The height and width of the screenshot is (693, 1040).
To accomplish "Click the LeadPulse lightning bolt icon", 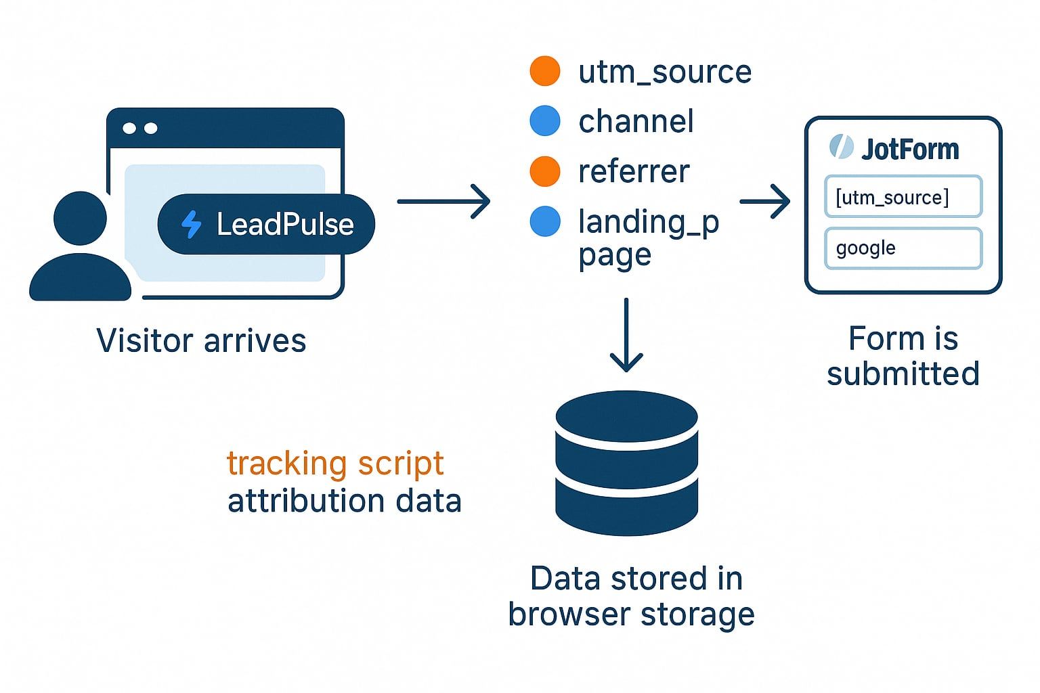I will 192,225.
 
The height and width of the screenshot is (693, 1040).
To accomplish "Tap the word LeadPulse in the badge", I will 284,225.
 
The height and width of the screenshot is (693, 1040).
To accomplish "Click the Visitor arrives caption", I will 201,340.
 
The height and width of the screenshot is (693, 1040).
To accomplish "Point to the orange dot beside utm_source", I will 544,71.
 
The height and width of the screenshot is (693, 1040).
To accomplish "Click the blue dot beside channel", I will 544,121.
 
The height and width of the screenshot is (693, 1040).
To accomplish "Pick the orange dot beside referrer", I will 544,171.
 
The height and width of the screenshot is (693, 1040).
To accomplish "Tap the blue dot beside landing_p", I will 544,221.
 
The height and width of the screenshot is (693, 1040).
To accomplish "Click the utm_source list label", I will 664,72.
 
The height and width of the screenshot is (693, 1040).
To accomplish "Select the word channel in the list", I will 636,122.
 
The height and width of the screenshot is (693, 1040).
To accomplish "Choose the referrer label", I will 634,172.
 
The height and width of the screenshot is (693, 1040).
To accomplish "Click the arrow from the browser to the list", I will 443,201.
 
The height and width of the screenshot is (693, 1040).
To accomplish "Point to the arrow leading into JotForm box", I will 765,201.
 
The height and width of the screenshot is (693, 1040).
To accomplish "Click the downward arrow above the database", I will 626,335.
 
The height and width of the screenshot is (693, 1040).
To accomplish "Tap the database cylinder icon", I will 626,464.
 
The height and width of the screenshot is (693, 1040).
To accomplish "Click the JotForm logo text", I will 909,149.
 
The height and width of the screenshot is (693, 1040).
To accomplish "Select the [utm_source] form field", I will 903,197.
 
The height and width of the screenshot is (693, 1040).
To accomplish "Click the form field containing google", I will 903,248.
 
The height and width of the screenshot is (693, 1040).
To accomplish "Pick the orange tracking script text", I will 335,464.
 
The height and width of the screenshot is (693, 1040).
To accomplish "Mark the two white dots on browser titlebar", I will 140,129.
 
